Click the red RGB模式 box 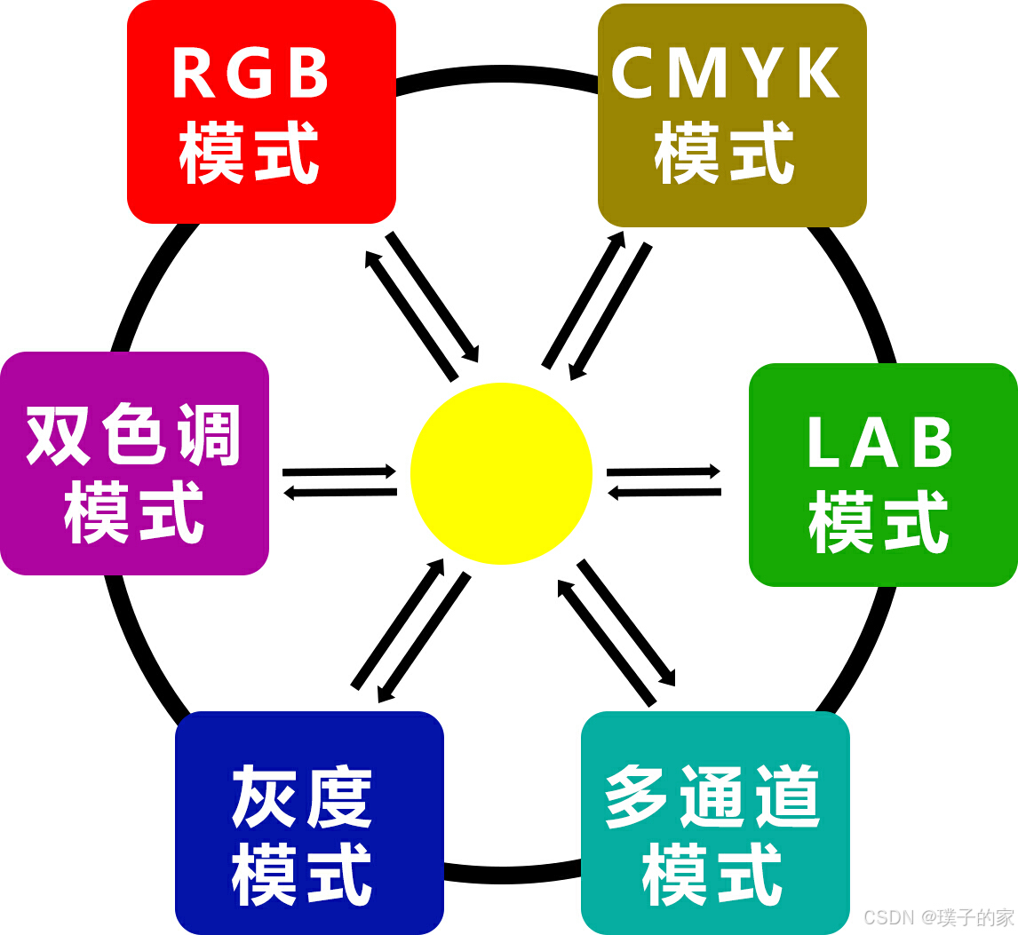pos(261,111)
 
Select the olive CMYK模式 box pos(732,115)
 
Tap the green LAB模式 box pos(882,474)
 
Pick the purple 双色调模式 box pos(134,463)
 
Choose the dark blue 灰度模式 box pos(309,822)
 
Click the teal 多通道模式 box pos(715,822)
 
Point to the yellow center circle pos(501,473)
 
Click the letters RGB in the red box pos(251,75)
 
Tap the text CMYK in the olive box pos(726,74)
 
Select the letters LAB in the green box pos(879,442)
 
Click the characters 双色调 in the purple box pos(134,435)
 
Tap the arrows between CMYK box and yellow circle pos(596,304)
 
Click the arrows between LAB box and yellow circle pos(664,480)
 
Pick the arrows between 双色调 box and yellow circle pos(339,480)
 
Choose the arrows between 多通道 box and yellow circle pos(617,631)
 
